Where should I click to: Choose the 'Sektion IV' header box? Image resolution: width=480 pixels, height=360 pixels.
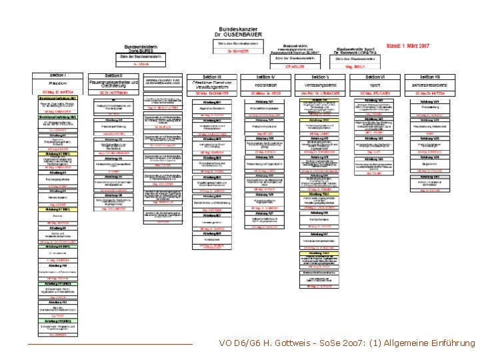(x=266, y=77)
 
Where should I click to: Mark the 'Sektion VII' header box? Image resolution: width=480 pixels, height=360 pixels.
(x=432, y=77)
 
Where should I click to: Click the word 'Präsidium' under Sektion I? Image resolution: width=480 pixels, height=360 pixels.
(x=59, y=85)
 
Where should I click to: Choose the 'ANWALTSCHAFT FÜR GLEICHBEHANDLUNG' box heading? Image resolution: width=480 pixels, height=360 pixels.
(x=164, y=81)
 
